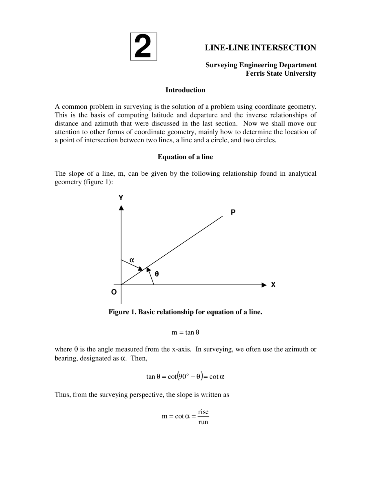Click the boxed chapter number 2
(x=143, y=47)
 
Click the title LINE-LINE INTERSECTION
(x=260, y=48)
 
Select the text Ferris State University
(x=281, y=73)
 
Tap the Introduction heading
(x=185, y=90)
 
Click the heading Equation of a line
(x=185, y=157)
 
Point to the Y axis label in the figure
(x=121, y=198)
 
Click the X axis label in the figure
(x=273, y=285)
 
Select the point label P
(x=233, y=212)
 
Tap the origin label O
(x=114, y=292)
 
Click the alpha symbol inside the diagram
(x=132, y=260)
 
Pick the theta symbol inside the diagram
(x=157, y=274)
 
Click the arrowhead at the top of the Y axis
(x=121, y=208)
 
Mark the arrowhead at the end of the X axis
(x=264, y=285)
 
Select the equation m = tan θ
(x=185, y=332)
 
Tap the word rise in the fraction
(x=203, y=412)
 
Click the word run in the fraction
(x=203, y=422)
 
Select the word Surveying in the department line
(x=221, y=65)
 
